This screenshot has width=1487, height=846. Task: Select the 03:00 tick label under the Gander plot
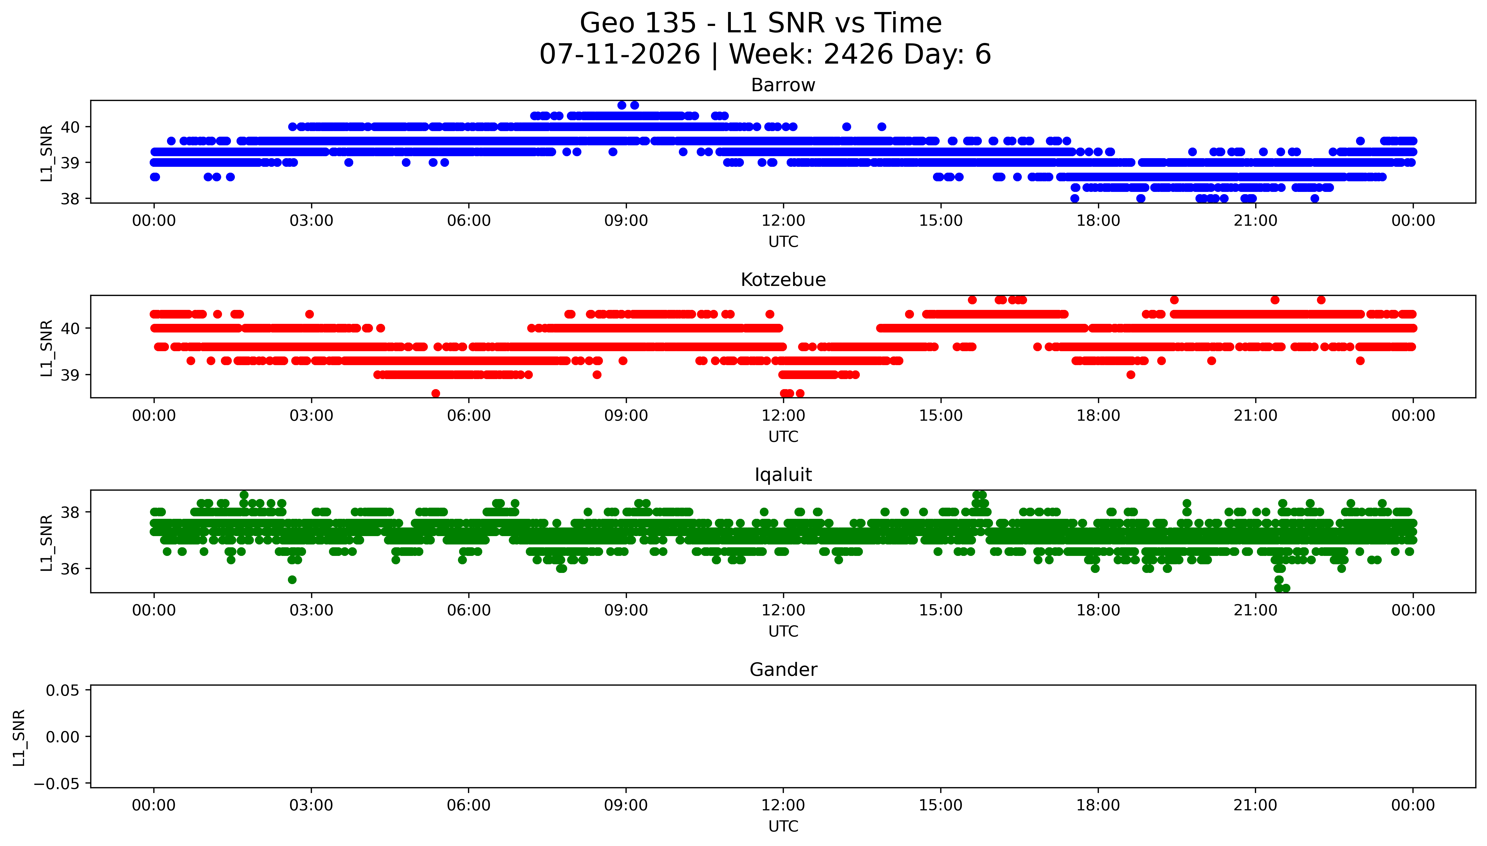pyautogui.click(x=311, y=805)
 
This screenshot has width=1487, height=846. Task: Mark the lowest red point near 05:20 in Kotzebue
pyautogui.click(x=436, y=393)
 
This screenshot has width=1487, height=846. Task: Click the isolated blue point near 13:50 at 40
pyautogui.click(x=882, y=127)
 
